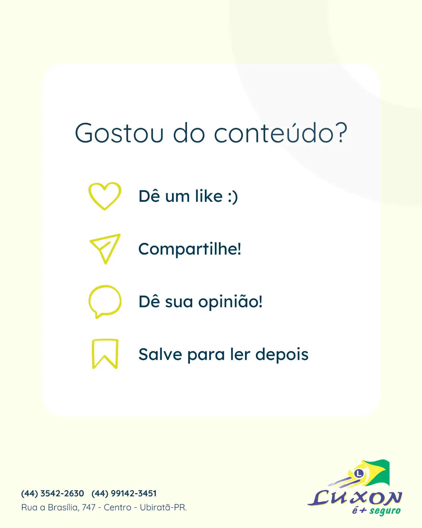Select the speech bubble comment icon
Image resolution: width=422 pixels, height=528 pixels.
coord(105,286)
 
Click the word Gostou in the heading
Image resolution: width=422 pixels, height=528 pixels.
coord(119,133)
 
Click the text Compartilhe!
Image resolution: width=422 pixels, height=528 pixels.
coord(190,249)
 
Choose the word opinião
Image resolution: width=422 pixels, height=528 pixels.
coord(230,302)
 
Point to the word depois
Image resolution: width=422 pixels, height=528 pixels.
coord(282,354)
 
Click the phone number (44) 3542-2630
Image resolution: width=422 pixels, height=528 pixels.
coord(53,493)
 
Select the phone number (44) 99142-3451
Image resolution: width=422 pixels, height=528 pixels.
coord(124,493)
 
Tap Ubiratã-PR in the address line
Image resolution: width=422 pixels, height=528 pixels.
coord(163,507)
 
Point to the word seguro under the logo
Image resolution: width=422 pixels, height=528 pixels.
coord(385,511)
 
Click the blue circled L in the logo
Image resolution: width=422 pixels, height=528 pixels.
coord(359,473)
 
